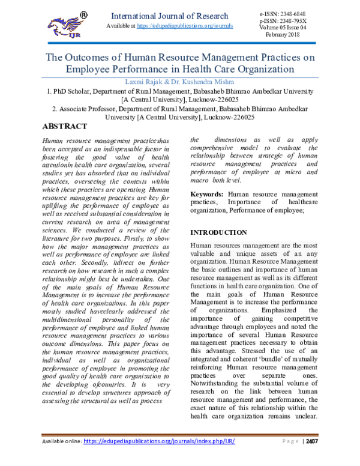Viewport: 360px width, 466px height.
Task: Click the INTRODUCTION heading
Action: (x=218, y=232)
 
